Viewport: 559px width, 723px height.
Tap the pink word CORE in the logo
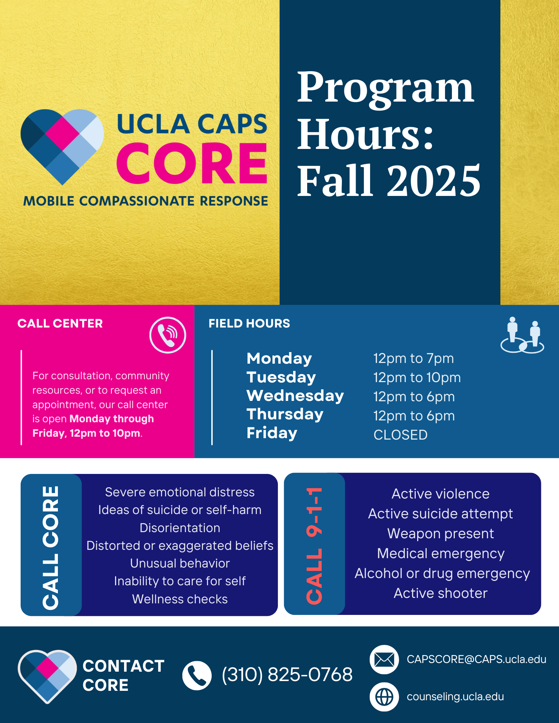[x=192, y=163]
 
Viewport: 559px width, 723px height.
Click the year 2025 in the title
[x=434, y=180]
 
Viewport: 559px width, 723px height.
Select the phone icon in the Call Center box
[x=168, y=335]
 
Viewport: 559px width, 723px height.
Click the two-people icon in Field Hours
[x=522, y=335]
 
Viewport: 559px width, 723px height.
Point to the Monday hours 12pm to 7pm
[x=414, y=358]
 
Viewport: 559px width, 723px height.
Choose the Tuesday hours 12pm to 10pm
[x=417, y=377]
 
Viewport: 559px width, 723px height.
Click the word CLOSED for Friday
[x=401, y=435]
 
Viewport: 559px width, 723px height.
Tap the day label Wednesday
[x=295, y=395]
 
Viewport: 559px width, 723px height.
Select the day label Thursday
[x=285, y=414]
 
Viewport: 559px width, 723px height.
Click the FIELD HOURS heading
[x=249, y=323]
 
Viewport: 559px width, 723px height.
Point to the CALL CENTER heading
[x=60, y=323]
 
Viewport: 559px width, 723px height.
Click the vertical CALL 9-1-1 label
[x=314, y=546]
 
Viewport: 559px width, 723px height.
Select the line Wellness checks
[x=180, y=599]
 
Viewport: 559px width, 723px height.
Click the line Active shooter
[x=441, y=593]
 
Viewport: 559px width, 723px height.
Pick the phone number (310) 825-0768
[x=287, y=675]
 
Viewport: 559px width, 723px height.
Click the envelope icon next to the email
[x=384, y=659]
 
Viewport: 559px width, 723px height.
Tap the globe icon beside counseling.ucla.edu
[x=384, y=697]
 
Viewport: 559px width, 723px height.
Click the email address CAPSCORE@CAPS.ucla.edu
[x=477, y=659]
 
